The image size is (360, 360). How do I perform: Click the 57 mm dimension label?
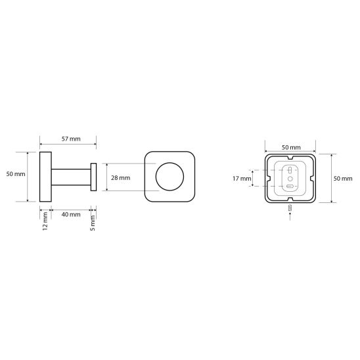coord(71,139)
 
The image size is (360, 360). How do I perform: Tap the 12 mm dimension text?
coord(45,221)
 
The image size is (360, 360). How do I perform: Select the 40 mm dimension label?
coord(71,214)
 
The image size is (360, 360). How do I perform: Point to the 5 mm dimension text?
coord(93,223)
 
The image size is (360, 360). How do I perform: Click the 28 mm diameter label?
coord(120,178)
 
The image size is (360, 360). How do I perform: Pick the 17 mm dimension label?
coord(242,179)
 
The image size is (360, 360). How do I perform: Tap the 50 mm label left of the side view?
coord(16,174)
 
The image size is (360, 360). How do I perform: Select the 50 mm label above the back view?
coord(291,147)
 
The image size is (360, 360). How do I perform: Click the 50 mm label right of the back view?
coord(343,179)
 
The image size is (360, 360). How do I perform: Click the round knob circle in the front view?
coord(169,163)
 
